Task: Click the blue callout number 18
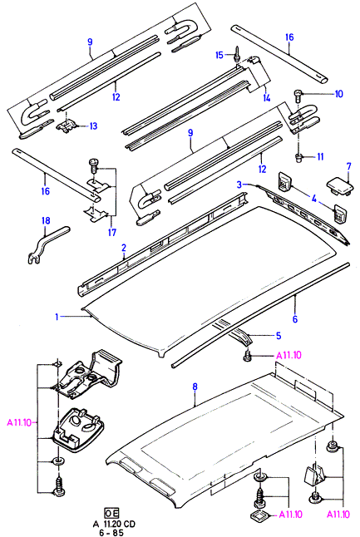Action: click(x=46, y=220)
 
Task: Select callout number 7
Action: click(x=348, y=167)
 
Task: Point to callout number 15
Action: click(x=219, y=55)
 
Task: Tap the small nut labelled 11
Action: click(x=298, y=158)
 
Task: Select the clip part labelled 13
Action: click(x=67, y=126)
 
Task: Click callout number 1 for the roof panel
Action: click(x=57, y=317)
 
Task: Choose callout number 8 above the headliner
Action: click(x=195, y=387)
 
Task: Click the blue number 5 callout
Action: click(x=279, y=336)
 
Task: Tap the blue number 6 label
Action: click(x=295, y=319)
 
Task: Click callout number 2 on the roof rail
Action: click(x=124, y=248)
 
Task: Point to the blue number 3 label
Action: click(x=239, y=185)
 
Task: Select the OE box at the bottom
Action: click(x=111, y=513)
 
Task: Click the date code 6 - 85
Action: click(x=111, y=532)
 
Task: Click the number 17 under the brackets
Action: click(x=112, y=232)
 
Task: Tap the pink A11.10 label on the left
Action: click(x=19, y=422)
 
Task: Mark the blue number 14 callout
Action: click(x=267, y=98)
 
